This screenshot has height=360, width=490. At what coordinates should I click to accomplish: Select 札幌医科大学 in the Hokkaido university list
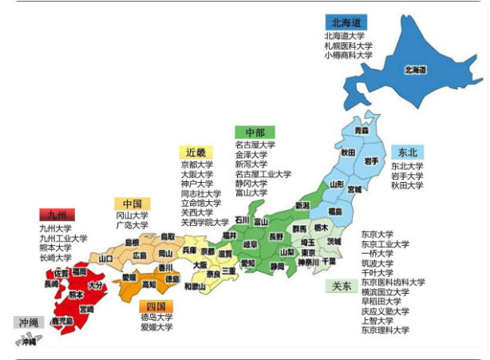click(x=348, y=46)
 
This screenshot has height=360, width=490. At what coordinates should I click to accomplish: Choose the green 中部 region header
click(x=255, y=132)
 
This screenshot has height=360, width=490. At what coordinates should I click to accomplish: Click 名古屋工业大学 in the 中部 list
click(x=263, y=174)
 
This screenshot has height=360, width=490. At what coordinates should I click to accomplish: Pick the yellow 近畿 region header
click(x=196, y=152)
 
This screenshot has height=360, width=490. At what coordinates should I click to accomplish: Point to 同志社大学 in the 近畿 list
click(x=201, y=193)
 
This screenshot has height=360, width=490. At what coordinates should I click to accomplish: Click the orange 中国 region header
click(x=132, y=204)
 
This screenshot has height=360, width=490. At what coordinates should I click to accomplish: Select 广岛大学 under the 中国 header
click(x=132, y=225)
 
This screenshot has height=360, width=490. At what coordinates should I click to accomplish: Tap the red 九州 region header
click(x=57, y=215)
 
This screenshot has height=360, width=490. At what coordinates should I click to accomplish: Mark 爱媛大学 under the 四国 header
click(x=156, y=327)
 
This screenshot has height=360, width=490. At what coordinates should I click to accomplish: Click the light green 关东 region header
click(x=341, y=286)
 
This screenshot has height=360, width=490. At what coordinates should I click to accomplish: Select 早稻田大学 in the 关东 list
click(x=381, y=302)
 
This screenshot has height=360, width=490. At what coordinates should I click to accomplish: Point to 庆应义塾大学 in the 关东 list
click(x=385, y=311)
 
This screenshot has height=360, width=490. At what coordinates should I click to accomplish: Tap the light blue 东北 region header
click(x=407, y=152)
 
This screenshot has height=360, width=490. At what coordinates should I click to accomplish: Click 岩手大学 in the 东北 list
click(x=407, y=176)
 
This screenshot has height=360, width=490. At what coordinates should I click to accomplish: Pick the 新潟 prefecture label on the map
click(x=302, y=206)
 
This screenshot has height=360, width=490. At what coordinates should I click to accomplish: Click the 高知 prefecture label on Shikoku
click(x=149, y=284)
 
